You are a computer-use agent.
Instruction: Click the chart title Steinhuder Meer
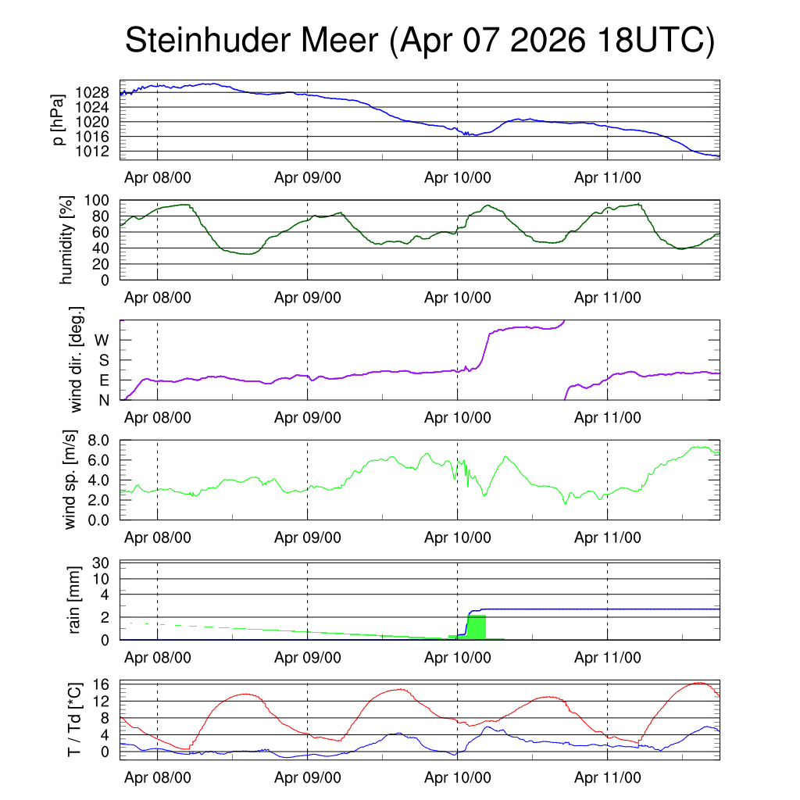252,40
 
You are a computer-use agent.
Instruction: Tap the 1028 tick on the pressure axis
92,93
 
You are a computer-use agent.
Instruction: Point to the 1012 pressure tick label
92,152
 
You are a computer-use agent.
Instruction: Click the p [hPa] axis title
59,120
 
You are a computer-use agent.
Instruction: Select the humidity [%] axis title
66,240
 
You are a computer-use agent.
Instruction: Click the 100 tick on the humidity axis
96,201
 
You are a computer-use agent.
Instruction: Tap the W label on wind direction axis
102,341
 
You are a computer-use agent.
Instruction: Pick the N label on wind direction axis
104,401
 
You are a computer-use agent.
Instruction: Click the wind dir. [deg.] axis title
76,359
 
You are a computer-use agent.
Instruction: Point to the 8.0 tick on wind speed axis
98,441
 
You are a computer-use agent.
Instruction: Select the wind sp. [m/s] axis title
70,480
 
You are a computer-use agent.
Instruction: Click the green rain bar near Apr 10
477,627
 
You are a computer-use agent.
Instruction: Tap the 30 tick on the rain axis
101,563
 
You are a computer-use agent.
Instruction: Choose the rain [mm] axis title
74,600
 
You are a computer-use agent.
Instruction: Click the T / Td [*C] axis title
74,720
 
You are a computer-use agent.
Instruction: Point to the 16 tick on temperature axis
102,684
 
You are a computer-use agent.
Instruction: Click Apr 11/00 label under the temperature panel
608,777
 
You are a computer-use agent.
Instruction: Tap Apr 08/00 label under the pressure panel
158,177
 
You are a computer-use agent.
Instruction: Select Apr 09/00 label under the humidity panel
308,298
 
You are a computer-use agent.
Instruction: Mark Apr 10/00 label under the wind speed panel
458,537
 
